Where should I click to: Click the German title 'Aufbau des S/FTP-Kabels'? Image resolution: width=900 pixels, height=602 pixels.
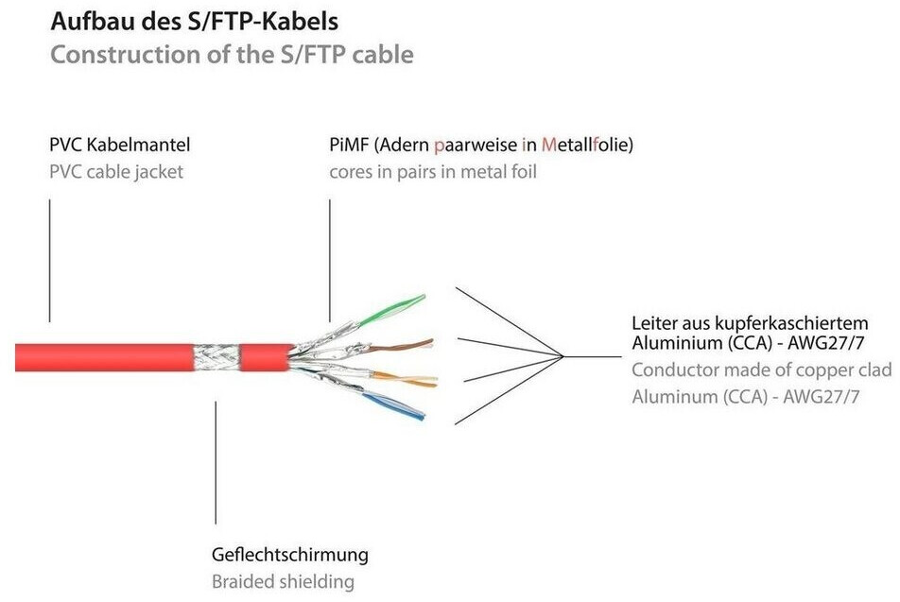click(x=194, y=22)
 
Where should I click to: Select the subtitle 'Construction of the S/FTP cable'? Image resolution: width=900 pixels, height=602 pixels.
click(x=232, y=55)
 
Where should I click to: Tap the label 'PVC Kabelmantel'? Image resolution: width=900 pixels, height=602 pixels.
click(x=119, y=144)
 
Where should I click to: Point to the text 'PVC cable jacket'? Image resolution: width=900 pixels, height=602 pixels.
click(x=116, y=172)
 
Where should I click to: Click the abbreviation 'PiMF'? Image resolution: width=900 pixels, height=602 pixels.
click(x=349, y=144)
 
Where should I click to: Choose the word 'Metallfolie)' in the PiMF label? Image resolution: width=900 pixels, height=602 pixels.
click(x=587, y=144)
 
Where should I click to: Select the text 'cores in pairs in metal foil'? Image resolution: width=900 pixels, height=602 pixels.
click(x=433, y=172)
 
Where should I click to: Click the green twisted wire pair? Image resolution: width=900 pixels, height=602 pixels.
click(x=391, y=311)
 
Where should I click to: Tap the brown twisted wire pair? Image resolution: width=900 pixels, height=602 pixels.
click(x=400, y=345)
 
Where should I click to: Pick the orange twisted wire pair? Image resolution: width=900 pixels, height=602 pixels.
click(x=404, y=379)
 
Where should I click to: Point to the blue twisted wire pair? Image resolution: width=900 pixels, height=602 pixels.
click(x=393, y=405)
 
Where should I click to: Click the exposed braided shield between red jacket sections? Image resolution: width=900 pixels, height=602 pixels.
click(x=216, y=357)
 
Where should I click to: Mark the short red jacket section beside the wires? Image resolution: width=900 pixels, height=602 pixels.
click(x=265, y=357)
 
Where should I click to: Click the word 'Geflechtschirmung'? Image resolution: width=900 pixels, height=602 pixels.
click(x=290, y=555)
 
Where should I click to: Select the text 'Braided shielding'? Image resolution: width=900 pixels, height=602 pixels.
click(x=283, y=581)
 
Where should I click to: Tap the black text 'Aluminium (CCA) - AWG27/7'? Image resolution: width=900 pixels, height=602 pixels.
click(x=747, y=343)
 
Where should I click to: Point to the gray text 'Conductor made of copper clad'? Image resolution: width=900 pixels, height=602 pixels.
click(x=762, y=370)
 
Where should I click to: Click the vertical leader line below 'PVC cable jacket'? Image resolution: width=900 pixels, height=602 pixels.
click(x=50, y=261)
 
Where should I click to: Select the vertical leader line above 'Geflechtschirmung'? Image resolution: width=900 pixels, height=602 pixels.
click(x=216, y=462)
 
